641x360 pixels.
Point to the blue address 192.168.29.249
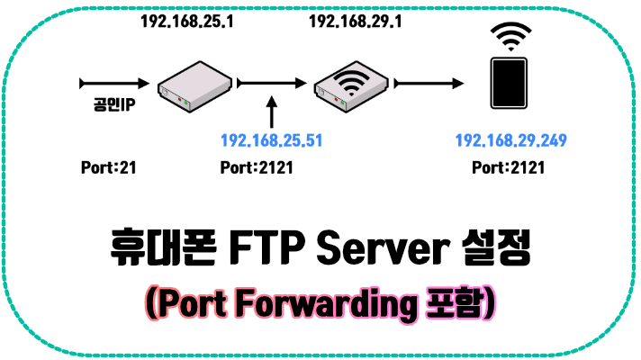coord(510,141)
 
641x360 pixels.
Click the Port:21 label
coord(108,167)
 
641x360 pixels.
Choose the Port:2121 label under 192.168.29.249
coord(509,167)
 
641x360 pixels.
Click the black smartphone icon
coord(510,85)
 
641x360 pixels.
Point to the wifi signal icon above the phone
coord(510,39)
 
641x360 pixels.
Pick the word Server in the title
coord(392,249)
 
